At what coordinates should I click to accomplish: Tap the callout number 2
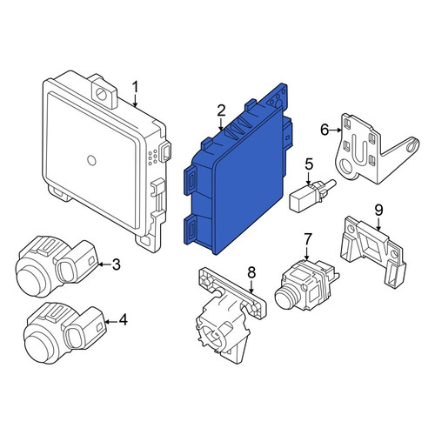(221, 111)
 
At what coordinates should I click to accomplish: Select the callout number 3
(116, 264)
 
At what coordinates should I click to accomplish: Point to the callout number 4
(124, 320)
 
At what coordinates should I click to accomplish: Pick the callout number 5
(309, 164)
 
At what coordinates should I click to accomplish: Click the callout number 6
(325, 130)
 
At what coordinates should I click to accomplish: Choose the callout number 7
(307, 239)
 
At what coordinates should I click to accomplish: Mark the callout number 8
(251, 272)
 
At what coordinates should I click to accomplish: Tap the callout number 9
(378, 211)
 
